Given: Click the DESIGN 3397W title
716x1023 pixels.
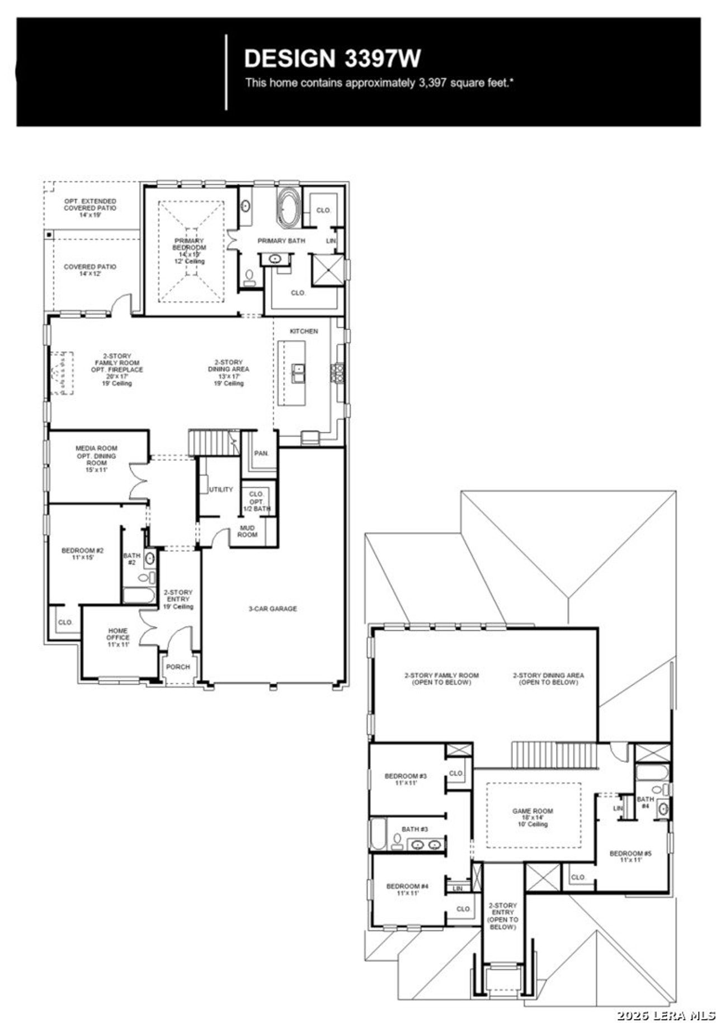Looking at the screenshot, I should (332, 59).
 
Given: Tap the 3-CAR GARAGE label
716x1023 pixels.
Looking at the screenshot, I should (272, 609).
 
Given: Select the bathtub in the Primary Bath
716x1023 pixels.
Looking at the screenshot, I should (289, 209).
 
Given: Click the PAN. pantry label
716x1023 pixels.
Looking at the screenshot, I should (261, 453).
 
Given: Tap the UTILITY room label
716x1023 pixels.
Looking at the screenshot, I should (221, 489).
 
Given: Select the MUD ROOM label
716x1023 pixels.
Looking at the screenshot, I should (247, 531).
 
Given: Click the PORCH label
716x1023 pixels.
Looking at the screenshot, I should (178, 667).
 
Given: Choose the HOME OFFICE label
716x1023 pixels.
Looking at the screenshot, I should (118, 637).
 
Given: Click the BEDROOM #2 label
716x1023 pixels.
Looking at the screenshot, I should (82, 554).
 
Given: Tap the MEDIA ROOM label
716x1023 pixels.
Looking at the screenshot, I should (96, 459).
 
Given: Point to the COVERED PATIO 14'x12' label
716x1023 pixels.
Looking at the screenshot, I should (90, 270).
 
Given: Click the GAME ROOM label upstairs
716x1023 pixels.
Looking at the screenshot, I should (533, 817).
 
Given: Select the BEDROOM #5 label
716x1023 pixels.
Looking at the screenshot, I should (630, 856).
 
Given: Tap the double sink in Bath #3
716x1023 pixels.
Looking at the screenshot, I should (425, 845).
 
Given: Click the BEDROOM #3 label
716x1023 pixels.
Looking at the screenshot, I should (406, 779).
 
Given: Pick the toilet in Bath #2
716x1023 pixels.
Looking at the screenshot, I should (144, 578).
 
